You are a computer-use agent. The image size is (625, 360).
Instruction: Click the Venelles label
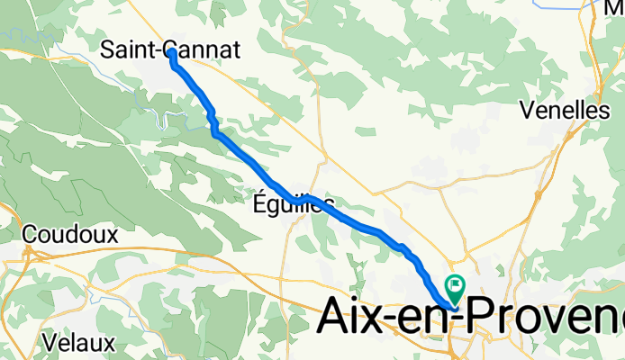[x=565, y=110]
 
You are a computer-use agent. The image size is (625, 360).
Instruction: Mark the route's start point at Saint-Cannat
[x=171, y=54]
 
